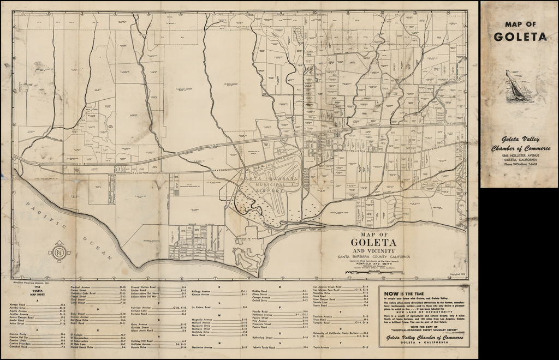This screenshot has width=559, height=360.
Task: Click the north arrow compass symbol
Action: point(58,252)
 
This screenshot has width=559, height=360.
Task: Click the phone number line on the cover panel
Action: point(519,164)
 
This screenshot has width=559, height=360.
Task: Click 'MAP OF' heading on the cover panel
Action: point(520,24)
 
